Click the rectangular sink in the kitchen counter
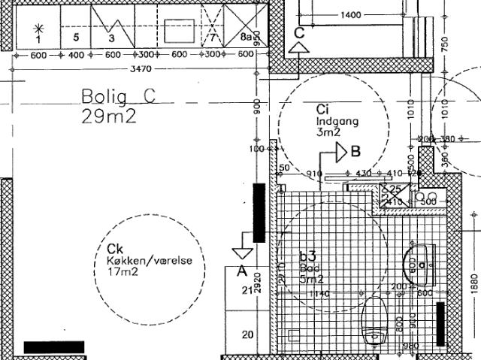coord(180,31)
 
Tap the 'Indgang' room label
coord(337,120)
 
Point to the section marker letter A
coord(242,269)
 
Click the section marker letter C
coord(299,32)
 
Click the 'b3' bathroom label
coord(308,256)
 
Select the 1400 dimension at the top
coord(350,15)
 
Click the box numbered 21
coord(245,290)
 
